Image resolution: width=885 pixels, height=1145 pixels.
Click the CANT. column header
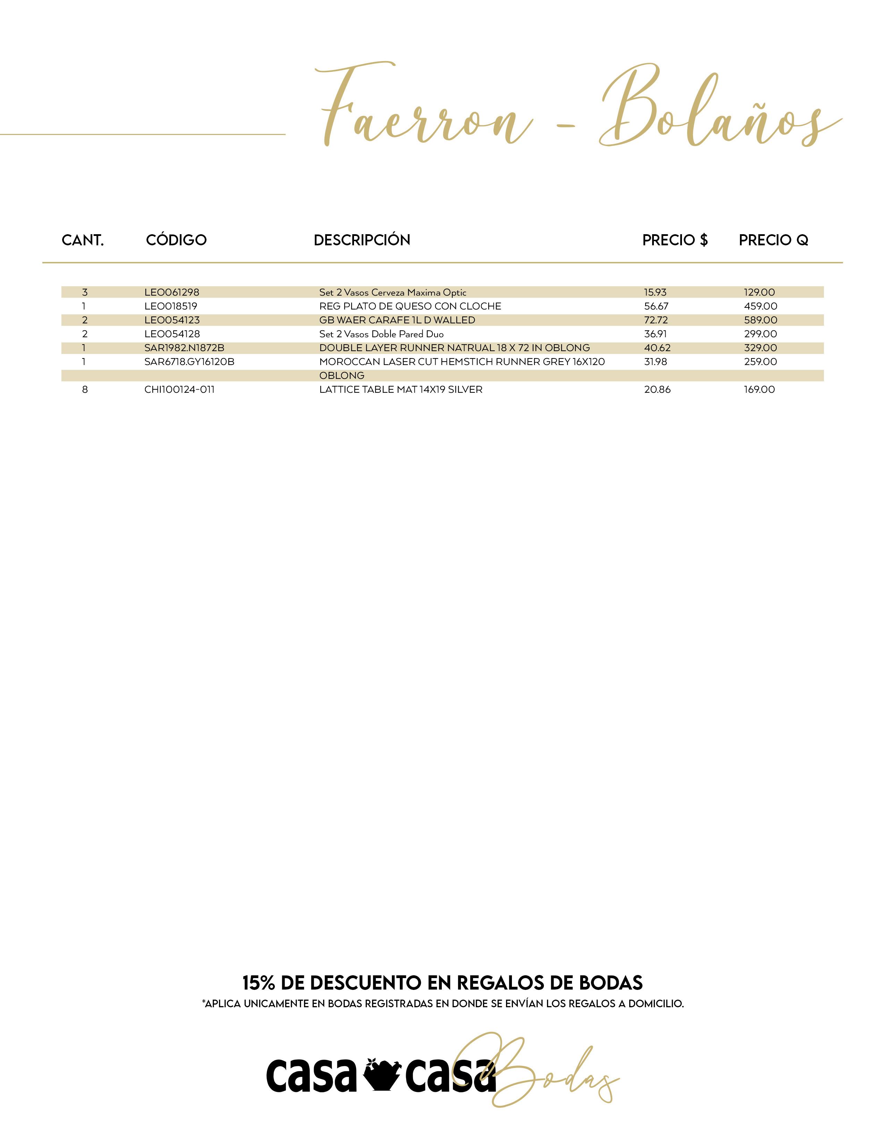coord(83,240)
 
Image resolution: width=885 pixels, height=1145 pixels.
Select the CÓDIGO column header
coord(176,240)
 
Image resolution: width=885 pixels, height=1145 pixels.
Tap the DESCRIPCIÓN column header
coord(362,240)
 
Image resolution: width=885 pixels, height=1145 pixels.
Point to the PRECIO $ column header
coord(675,240)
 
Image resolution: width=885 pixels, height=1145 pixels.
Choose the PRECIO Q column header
coord(773,240)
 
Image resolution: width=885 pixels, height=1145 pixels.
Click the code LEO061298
coord(172,292)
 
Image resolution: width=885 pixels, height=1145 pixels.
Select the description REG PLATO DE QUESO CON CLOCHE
coord(410,306)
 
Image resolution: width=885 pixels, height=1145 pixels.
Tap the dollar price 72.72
coord(656,320)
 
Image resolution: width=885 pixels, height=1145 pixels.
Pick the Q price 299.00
coord(760,334)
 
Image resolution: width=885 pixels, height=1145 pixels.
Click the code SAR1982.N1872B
coord(184,348)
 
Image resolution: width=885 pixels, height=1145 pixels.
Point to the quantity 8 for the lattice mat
coord(85,390)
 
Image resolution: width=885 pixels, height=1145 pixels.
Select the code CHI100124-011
coord(179,390)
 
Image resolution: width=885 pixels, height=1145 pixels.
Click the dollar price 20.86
coord(657,390)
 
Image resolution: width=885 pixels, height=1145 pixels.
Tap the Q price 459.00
coord(760,306)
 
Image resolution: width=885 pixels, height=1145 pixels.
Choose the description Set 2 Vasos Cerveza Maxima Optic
coord(393,292)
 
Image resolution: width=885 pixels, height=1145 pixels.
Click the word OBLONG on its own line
coord(342,375)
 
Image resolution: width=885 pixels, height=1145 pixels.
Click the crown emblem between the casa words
coord(381,1075)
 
